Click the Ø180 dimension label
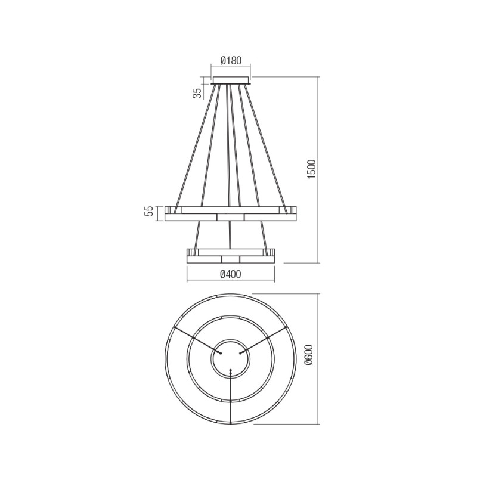pos(231,61)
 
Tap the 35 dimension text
pos(198,93)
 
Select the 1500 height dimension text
pos(312,169)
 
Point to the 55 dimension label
pos(148,211)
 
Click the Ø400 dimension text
pos(230,274)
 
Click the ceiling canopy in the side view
pos(231,80)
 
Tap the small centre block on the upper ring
pos(231,217)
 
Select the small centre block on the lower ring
pos(231,259)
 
